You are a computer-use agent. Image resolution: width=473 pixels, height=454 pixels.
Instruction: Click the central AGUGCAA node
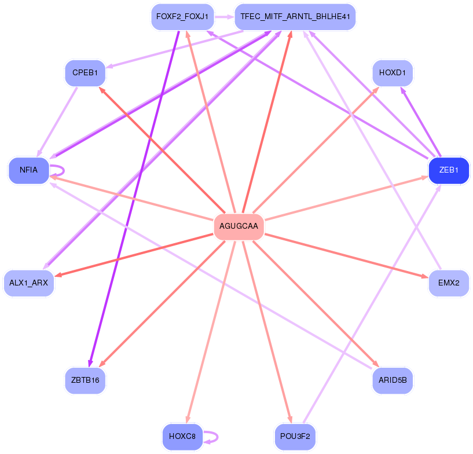click(x=239, y=226)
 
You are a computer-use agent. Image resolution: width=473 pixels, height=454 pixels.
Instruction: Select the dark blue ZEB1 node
click(x=449, y=170)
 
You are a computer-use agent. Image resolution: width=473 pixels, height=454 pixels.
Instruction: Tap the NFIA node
click(x=28, y=170)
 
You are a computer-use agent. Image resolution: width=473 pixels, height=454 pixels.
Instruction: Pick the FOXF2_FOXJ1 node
click(x=182, y=17)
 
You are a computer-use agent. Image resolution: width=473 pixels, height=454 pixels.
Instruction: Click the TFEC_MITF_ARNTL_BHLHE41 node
click(x=295, y=17)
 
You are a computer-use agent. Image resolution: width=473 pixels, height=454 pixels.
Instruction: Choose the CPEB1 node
click(x=85, y=73)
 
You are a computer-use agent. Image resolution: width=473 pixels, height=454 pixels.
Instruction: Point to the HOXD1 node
click(x=392, y=73)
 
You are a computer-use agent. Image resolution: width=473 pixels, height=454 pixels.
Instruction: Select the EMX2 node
click(x=449, y=283)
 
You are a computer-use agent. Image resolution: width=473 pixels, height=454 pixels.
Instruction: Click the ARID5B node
click(x=392, y=380)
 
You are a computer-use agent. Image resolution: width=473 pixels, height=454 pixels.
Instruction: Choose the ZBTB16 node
click(x=85, y=380)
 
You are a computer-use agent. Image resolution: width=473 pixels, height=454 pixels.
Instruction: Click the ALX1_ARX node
click(x=28, y=283)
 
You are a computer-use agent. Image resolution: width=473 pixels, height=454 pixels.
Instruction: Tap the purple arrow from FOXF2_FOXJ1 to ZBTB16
click(x=133, y=197)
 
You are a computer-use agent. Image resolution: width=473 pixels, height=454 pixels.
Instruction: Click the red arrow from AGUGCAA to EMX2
click(x=347, y=255)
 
